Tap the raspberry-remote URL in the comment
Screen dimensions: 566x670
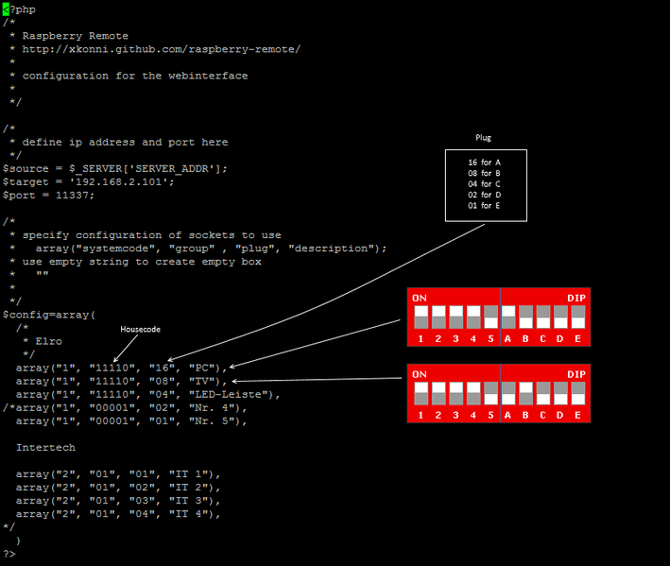point(162,49)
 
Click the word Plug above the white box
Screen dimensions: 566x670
point(483,138)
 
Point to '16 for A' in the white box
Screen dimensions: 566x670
point(484,163)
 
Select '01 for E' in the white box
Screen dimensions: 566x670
point(484,204)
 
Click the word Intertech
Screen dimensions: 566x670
point(45,447)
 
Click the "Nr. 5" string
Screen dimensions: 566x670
point(212,420)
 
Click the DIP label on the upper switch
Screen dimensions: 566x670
point(576,298)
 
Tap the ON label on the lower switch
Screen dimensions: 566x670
point(420,373)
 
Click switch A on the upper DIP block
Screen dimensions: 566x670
point(507,317)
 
